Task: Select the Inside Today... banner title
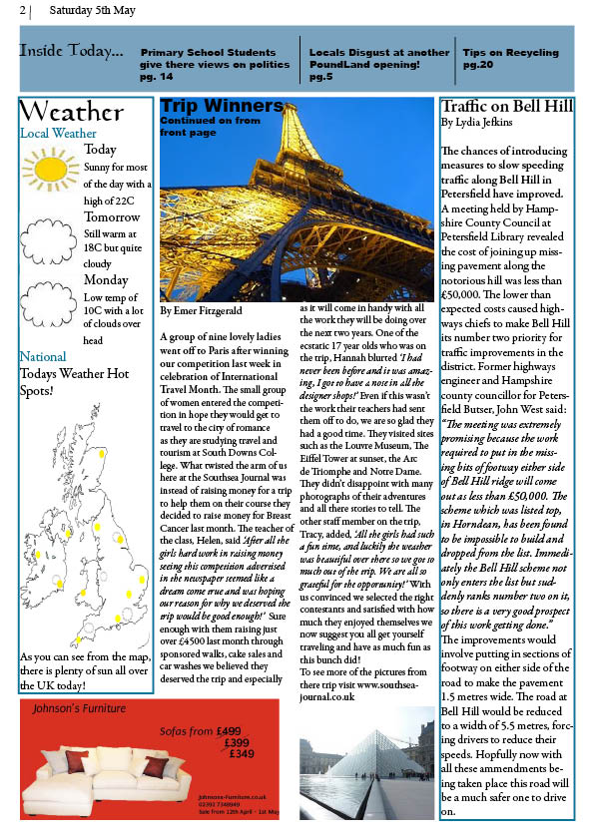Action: pyautogui.click(x=71, y=51)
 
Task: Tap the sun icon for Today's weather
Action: pyautogui.click(x=50, y=168)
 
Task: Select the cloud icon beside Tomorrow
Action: pyautogui.click(x=50, y=238)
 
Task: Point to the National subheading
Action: pyautogui.click(x=43, y=356)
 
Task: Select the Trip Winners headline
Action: pyautogui.click(x=222, y=106)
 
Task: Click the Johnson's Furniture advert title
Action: pyautogui.click(x=81, y=709)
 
